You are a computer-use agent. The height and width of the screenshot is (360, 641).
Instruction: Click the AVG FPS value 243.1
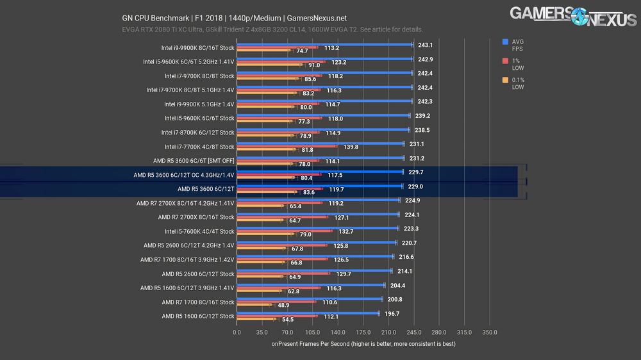tap(425, 45)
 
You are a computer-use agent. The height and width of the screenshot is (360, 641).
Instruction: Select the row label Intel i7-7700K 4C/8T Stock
tap(199, 147)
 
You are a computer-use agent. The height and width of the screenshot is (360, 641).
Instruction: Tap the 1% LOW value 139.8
tap(351, 147)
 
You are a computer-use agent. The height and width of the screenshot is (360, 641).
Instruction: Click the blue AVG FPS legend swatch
tap(506, 42)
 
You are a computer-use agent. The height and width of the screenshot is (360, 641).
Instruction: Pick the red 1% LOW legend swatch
tap(506, 61)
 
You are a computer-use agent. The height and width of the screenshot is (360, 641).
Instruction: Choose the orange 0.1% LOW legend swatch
tap(506, 81)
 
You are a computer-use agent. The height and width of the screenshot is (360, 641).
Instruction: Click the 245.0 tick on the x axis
tap(413, 332)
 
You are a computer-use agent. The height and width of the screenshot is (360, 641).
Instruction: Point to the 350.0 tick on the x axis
tap(490, 332)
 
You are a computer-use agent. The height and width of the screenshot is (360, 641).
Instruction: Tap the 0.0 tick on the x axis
tap(237, 332)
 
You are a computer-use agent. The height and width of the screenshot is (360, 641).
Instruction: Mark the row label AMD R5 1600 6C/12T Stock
tap(198, 316)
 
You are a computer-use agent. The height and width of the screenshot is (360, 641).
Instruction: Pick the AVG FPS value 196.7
tap(391, 314)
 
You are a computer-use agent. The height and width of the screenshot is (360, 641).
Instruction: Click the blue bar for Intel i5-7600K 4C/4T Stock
tap(317, 228)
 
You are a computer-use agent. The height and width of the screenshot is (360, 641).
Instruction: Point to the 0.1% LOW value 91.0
tap(314, 65)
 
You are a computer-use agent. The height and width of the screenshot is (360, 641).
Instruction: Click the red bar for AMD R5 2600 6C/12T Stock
tap(283, 274)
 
